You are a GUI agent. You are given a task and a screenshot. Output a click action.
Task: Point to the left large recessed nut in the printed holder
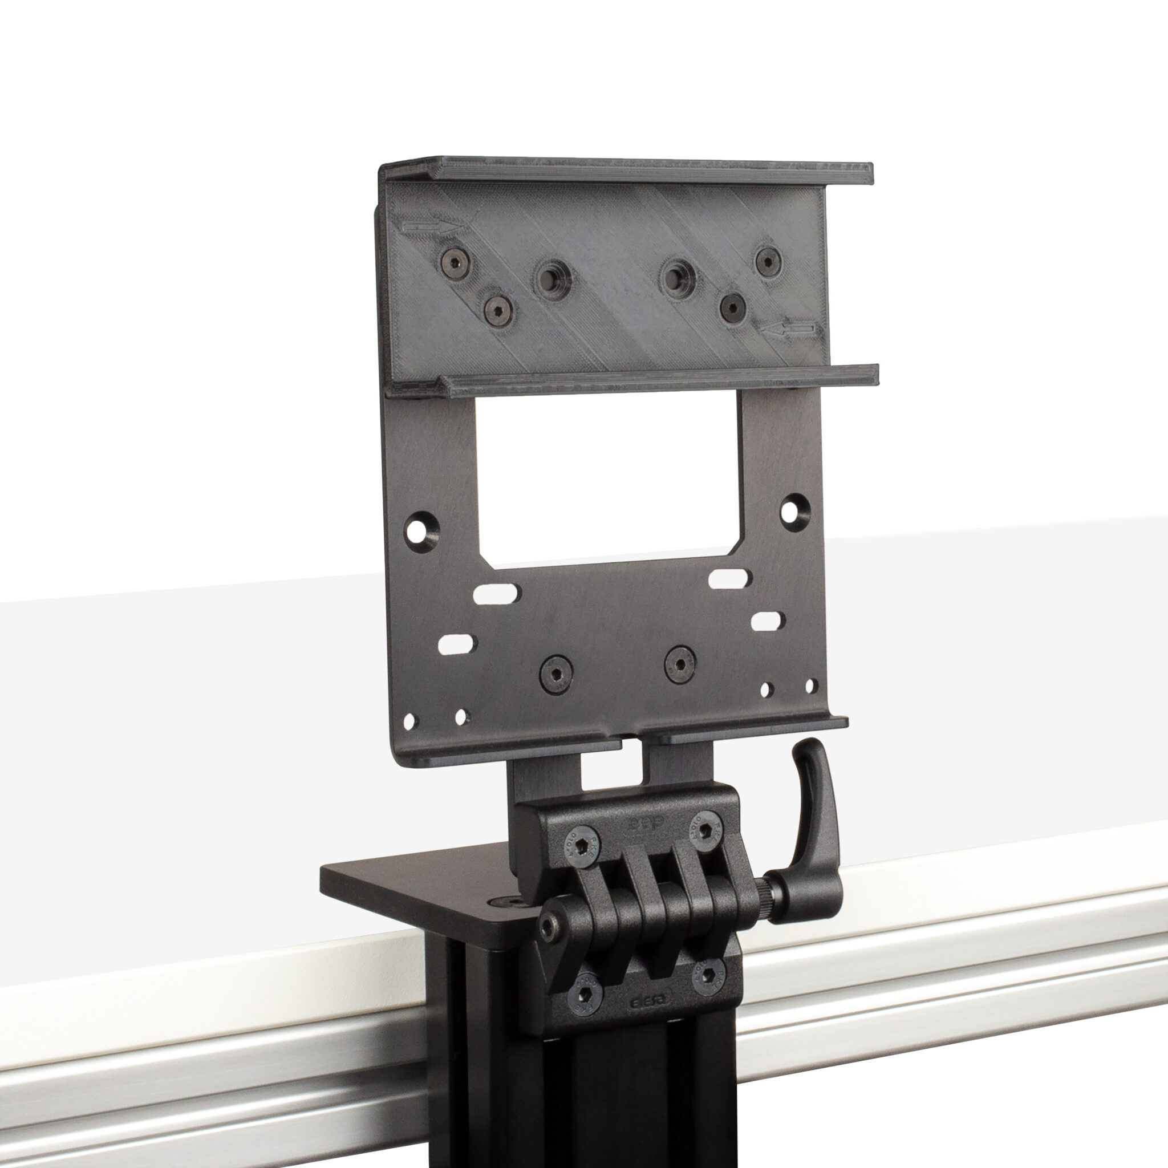[x=551, y=280]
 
